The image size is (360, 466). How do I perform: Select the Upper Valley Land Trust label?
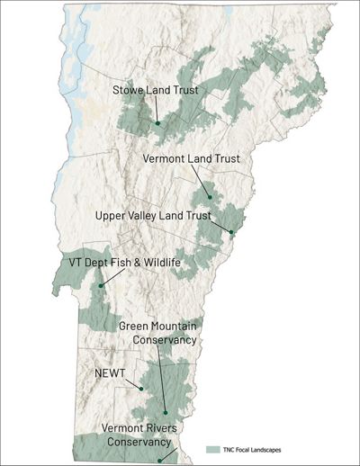click(152, 216)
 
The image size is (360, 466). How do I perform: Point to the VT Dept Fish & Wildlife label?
click(125, 262)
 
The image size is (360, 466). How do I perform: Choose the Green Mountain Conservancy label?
click(157, 331)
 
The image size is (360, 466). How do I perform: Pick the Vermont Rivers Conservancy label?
click(135, 435)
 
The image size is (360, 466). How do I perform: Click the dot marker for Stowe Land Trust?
click(157, 123)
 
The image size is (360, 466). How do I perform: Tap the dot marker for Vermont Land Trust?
click(209, 196)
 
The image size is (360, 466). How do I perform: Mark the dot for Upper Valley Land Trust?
click(231, 233)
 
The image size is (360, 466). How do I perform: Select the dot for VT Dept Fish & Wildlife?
click(101, 285)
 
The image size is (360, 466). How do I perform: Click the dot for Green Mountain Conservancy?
click(165, 408)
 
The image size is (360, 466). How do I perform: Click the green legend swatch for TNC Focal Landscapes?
click(212, 447)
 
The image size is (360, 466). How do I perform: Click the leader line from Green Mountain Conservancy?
click(161, 378)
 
